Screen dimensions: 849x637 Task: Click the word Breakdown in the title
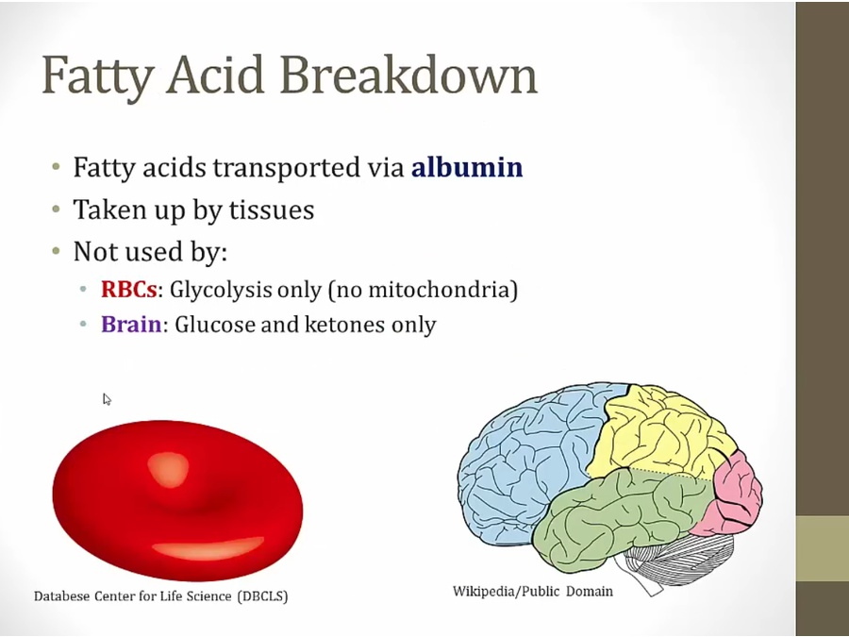pos(408,75)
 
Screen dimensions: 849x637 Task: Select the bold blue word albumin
pos(467,166)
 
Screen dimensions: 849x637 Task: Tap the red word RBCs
pos(129,290)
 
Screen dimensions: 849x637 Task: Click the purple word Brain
pos(131,324)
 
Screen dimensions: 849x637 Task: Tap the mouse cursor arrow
pos(107,399)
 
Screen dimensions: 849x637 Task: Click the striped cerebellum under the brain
pos(676,558)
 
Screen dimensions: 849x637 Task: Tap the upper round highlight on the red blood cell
pos(169,468)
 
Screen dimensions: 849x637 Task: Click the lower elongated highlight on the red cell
pos(208,548)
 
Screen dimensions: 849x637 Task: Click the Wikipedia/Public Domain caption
pos(533,591)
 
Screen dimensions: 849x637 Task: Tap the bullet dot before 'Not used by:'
pos(57,251)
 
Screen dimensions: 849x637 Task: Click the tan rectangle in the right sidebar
pos(822,548)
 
